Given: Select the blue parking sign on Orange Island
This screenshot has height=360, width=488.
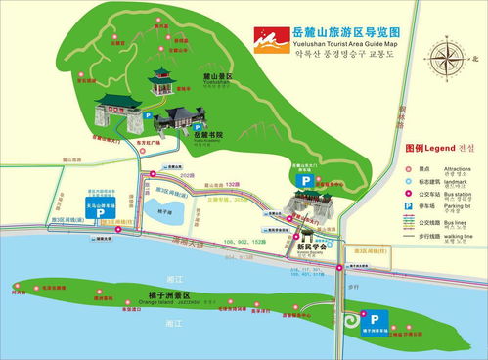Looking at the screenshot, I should [372, 317].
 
